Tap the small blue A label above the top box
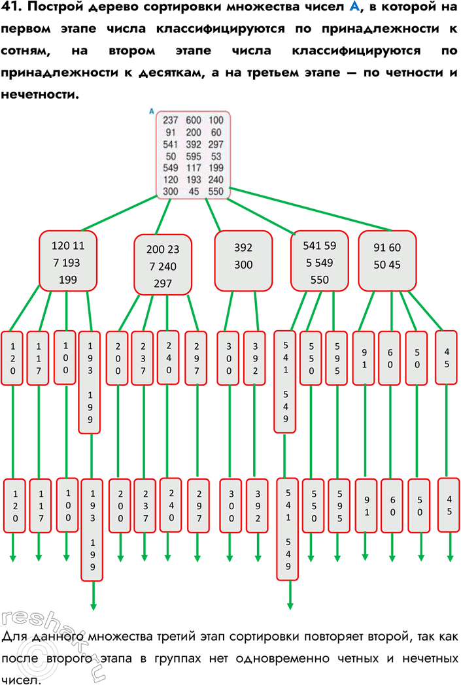coord(152,111)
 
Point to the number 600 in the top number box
coord(194,120)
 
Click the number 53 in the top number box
coord(216,156)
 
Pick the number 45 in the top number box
coord(194,192)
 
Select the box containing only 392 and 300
coord(243,260)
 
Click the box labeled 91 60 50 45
coord(387,259)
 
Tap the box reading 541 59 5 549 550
coord(320,260)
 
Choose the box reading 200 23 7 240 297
coord(163,266)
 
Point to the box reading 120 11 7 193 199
coord(68,260)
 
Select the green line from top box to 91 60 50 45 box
coord(307,209)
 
